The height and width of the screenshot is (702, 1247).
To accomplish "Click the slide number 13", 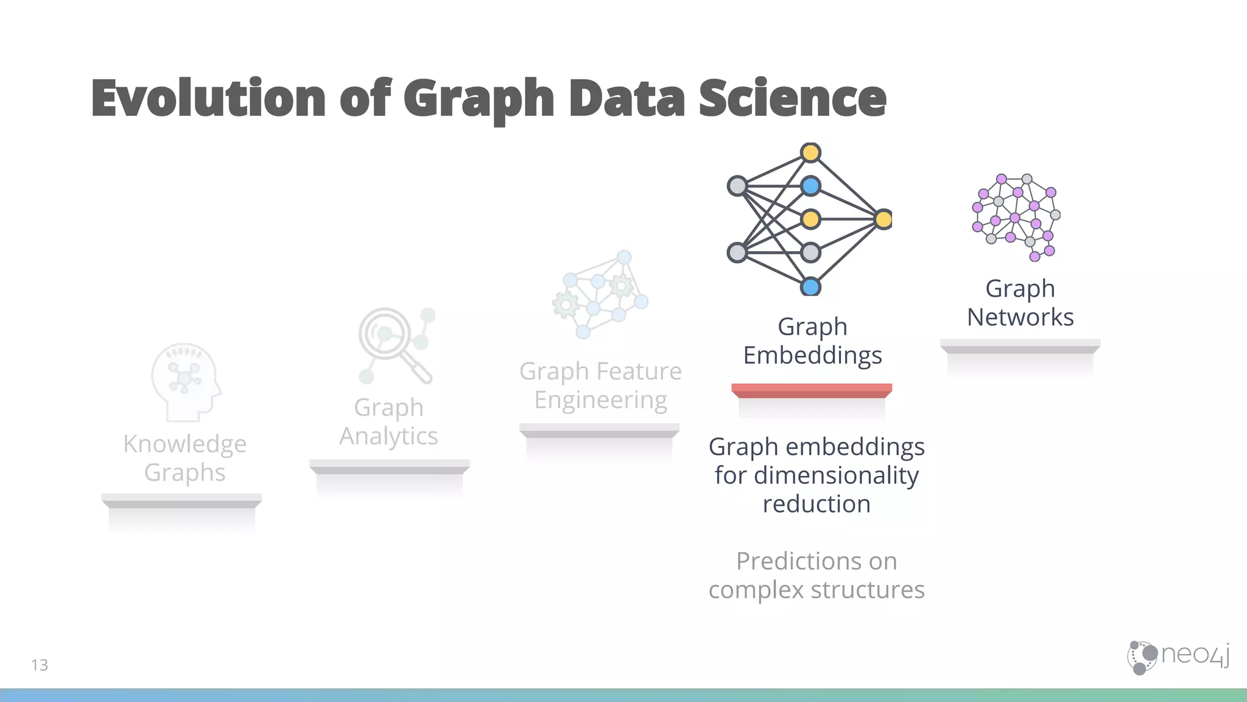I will [40, 665].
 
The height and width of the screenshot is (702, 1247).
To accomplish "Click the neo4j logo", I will [1178, 657].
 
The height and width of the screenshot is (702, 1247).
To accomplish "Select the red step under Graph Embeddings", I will [811, 390].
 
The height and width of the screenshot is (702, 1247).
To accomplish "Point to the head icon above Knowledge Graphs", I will [185, 381].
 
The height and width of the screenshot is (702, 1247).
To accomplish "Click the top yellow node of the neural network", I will [810, 152].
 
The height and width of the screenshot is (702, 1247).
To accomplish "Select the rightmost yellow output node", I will [883, 219].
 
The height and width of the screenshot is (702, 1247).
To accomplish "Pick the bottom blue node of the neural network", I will [810, 286].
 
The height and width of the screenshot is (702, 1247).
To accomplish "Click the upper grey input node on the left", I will [737, 186].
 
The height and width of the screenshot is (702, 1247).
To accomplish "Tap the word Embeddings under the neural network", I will [812, 355].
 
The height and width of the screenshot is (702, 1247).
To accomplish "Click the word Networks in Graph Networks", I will [1020, 317].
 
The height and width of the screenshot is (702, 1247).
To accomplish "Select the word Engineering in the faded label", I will [600, 400].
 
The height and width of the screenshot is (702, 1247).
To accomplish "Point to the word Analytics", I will [388, 436].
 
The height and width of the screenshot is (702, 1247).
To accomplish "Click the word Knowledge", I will [184, 444].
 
